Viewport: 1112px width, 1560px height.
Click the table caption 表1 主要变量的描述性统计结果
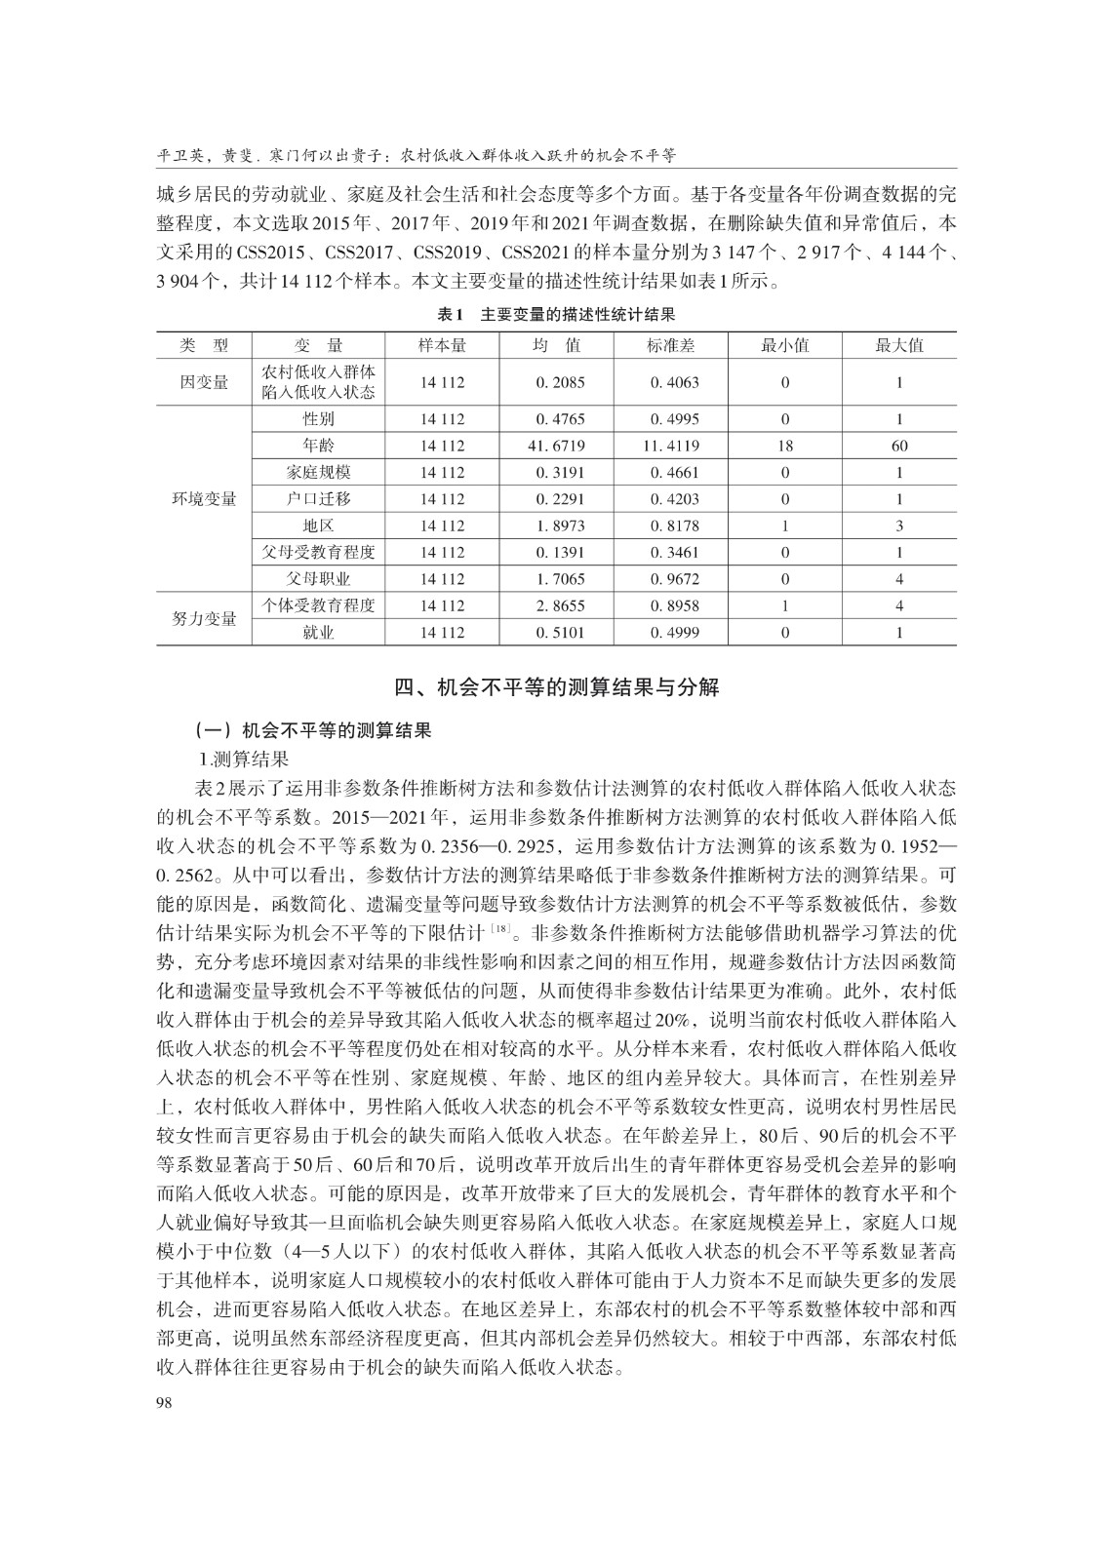coord(555,315)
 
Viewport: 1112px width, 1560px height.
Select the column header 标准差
coord(671,345)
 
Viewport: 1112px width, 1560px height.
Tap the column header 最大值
coord(898,345)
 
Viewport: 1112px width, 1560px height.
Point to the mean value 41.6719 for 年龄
coord(556,446)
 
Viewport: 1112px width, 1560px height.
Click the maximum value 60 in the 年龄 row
coord(898,446)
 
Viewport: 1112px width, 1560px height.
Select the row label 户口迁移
coord(318,498)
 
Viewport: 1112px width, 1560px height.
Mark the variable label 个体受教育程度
coord(318,605)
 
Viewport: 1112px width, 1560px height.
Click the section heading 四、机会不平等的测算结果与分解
coord(556,687)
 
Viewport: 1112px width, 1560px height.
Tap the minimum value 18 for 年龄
coord(784,446)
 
